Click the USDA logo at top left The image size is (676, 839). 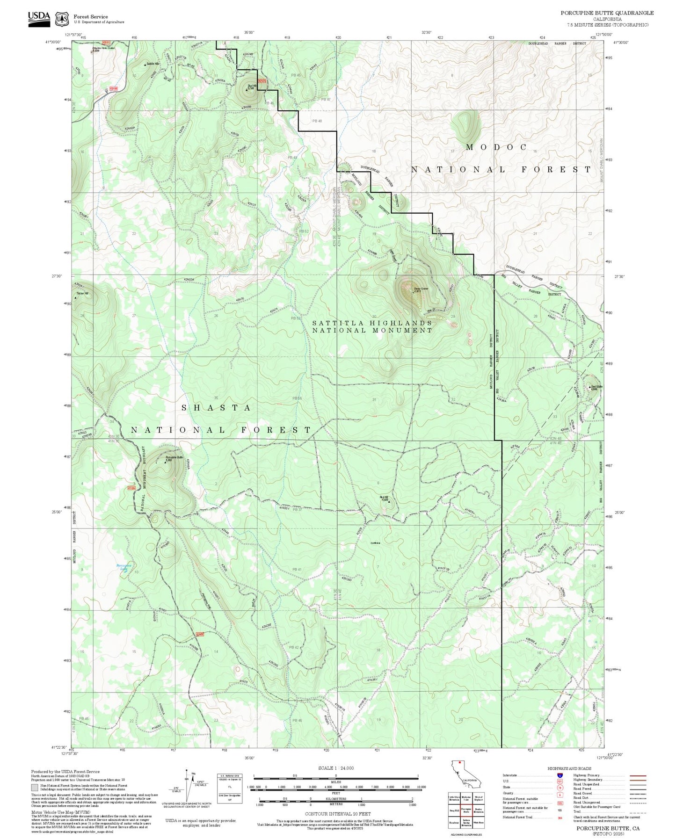tap(39, 17)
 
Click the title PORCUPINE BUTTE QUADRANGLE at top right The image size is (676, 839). tap(607, 13)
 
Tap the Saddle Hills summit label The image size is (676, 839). tap(153, 64)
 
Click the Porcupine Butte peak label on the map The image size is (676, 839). tap(174, 458)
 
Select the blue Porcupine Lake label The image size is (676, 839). tap(123, 567)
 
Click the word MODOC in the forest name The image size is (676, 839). tap(496, 147)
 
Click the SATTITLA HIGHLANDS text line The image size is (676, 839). tap(372, 323)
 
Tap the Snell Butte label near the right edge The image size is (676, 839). tap(596, 387)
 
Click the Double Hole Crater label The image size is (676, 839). tap(103, 48)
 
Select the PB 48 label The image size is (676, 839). tap(317, 121)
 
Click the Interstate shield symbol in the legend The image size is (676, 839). tap(560, 775)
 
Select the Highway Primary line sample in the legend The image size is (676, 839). tap(638, 775)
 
